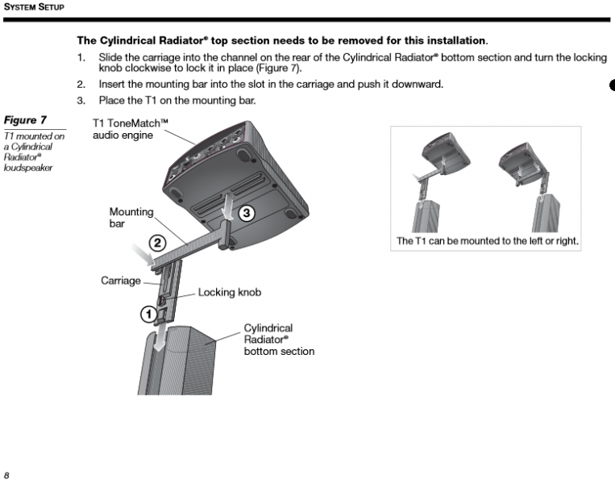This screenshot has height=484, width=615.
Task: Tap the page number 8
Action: point(6,474)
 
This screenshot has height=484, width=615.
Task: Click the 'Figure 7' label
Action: point(25,120)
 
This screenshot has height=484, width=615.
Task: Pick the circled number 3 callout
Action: point(247,213)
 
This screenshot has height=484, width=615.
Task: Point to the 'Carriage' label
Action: point(121,281)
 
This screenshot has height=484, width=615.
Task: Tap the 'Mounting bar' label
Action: point(131,218)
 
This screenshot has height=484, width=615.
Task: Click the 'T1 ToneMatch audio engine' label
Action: point(129,128)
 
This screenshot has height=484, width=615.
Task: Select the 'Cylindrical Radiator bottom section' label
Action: point(279,340)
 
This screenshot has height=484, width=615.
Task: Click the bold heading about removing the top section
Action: point(282,40)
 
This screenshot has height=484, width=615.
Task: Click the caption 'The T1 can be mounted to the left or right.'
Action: point(487,241)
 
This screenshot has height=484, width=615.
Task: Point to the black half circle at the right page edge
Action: point(612,86)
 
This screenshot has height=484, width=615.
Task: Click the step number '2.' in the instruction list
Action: point(81,84)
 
